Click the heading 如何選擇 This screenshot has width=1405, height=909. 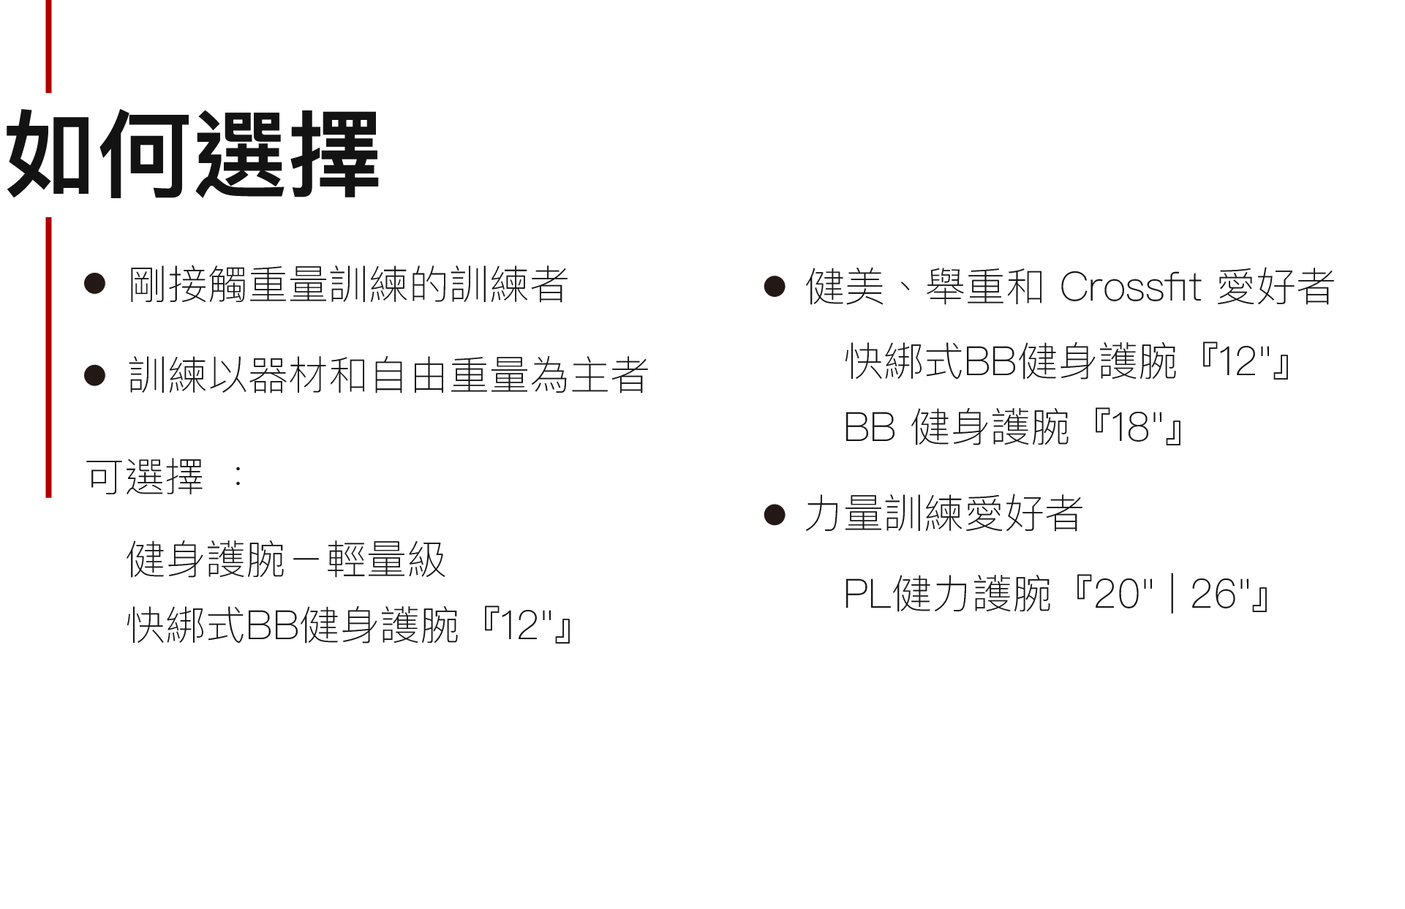(192, 154)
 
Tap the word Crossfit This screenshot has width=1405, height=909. (1130, 287)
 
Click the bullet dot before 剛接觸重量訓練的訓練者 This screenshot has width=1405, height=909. (95, 284)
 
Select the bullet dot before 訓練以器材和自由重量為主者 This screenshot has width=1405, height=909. (95, 375)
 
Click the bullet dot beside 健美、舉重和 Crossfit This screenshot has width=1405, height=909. (774, 286)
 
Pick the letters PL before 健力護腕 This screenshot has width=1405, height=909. (867, 594)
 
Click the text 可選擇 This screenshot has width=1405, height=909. (144, 478)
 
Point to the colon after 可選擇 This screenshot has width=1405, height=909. (238, 477)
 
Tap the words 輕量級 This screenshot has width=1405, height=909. (385, 560)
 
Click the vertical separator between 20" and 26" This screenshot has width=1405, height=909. (1173, 594)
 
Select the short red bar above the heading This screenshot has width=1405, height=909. (49, 45)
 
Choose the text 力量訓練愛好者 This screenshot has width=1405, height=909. (943, 513)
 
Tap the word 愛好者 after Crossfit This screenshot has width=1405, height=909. (1276, 287)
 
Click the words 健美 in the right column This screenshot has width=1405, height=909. (845, 287)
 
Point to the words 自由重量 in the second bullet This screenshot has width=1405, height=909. (450, 375)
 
